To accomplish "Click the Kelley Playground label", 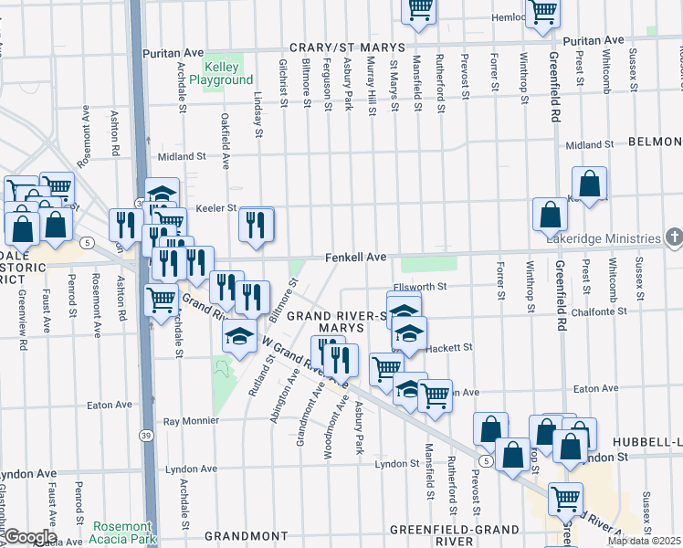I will (222, 74).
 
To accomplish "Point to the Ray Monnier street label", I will (191, 421).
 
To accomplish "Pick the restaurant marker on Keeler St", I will (257, 224).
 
